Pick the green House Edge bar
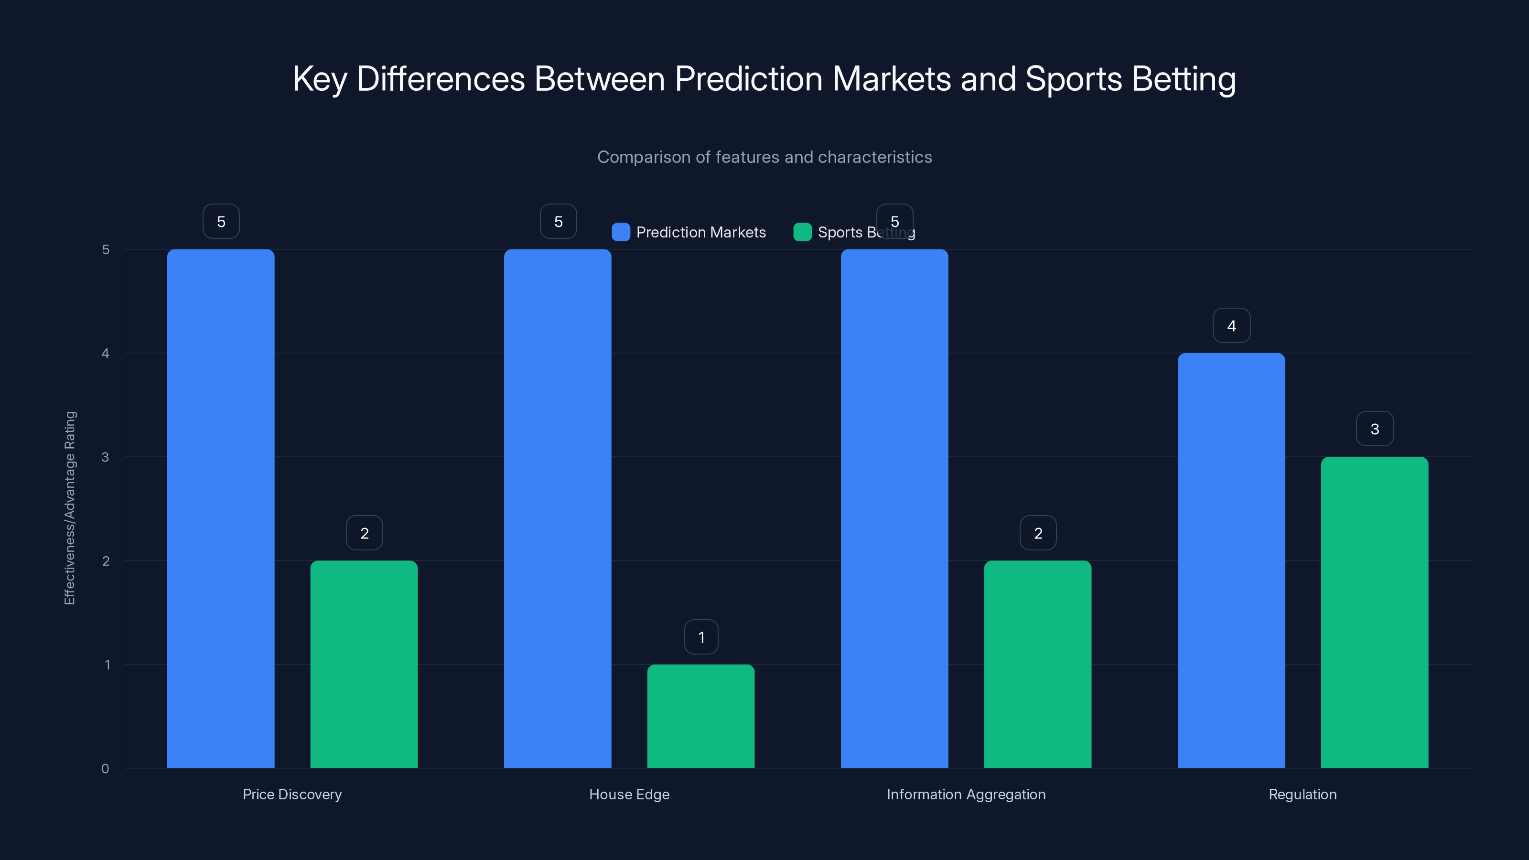[700, 716]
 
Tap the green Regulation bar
[1374, 612]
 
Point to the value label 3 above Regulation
[1375, 429]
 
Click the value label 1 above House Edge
[701, 637]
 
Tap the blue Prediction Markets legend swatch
[621, 232]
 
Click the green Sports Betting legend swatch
[803, 232]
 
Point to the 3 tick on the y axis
[105, 457]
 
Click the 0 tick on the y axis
[105, 769]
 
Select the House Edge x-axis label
[629, 794]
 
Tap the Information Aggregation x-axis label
[966, 794]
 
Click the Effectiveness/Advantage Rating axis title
[70, 508]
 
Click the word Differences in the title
[441, 79]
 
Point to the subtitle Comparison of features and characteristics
[764, 157]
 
